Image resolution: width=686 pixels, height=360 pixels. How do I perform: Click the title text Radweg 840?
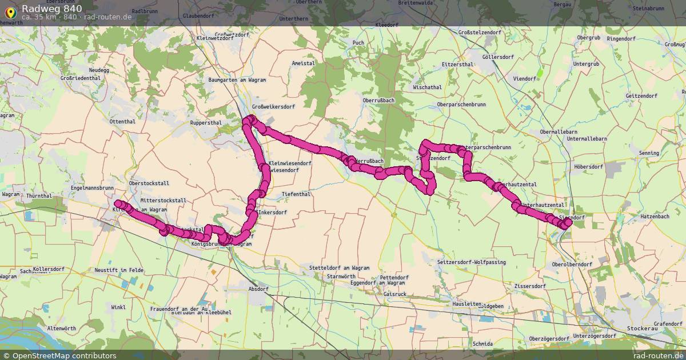(51, 8)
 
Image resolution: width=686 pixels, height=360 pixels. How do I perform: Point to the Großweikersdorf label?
(274, 106)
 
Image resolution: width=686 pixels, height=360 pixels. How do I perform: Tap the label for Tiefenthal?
(296, 194)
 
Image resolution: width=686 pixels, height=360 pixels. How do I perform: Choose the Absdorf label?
(258, 289)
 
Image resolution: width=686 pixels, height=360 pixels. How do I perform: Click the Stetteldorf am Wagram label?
(339, 267)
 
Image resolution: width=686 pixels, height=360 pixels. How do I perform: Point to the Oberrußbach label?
(378, 100)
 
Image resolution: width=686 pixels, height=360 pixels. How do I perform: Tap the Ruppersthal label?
(206, 122)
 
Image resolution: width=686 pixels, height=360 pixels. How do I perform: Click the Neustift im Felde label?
(119, 269)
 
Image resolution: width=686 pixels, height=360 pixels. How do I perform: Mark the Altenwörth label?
(61, 329)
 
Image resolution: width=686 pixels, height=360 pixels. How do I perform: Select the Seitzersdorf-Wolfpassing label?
(472, 262)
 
